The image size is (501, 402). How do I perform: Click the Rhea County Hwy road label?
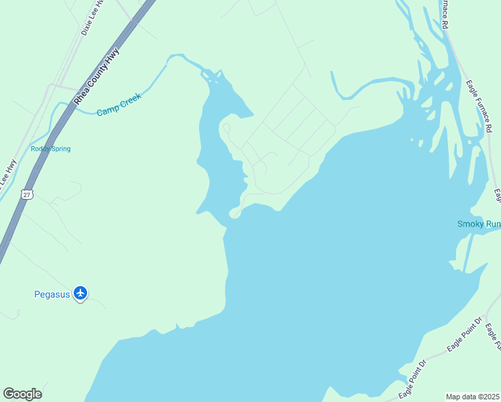coord(96,74)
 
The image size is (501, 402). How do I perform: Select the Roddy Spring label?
coord(50,149)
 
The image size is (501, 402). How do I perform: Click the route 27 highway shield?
coord(26,194)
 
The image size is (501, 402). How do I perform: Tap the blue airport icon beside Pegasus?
coord(80,293)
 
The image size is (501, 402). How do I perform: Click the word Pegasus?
coord(52,294)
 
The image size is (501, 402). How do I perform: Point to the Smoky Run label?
coord(478,224)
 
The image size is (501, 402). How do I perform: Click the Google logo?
coord(22,394)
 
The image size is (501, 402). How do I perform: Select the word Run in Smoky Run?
coord(492,224)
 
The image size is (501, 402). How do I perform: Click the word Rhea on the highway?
coord(80,94)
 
